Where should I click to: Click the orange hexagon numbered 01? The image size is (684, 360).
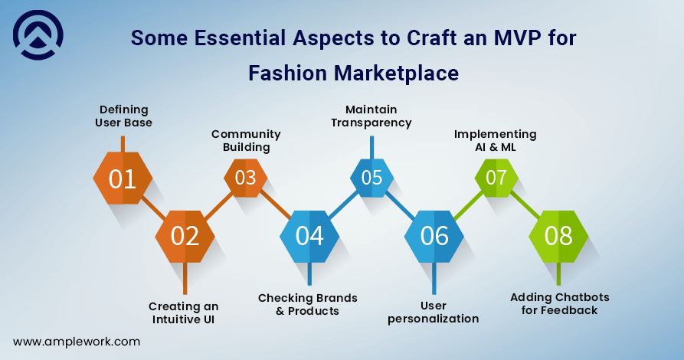[123, 178]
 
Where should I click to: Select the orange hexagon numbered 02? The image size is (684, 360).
[185, 237]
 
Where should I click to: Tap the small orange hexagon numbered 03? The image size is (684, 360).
[246, 178]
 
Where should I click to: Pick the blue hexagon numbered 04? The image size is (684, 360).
[309, 237]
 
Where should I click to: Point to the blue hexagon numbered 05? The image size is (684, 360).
[371, 178]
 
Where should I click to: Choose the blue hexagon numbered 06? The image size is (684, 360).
[434, 237]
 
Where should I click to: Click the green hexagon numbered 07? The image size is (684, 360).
[496, 178]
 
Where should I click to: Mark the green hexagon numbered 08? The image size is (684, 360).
[558, 237]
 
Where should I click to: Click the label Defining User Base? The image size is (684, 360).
[124, 116]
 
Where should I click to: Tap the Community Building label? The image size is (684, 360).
[246, 140]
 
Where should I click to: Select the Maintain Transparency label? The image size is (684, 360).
[371, 116]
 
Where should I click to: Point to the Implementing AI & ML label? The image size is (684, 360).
[495, 140]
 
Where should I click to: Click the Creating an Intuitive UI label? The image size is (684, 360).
[183, 313]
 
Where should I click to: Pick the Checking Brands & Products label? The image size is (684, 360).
[308, 304]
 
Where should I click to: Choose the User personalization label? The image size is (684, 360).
[434, 312]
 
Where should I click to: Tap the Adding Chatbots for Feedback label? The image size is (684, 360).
[560, 304]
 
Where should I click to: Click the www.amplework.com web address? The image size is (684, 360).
[77, 342]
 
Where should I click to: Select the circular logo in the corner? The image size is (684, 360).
[38, 35]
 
